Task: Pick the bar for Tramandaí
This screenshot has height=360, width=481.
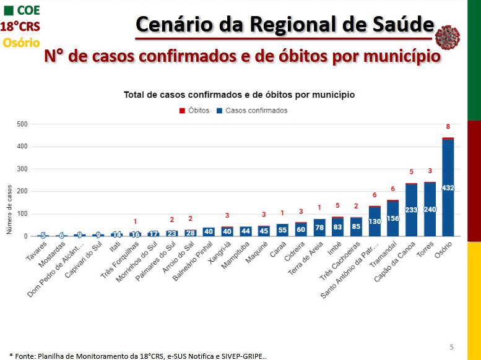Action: pyautogui.click(x=392, y=218)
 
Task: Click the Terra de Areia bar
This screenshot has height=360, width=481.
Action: pyautogui.click(x=319, y=228)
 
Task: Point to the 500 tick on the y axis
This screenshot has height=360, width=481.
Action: pyautogui.click(x=22, y=124)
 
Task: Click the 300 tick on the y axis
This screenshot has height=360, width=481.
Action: pyautogui.click(x=22, y=169)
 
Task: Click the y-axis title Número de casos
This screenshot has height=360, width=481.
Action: pyautogui.click(x=10, y=210)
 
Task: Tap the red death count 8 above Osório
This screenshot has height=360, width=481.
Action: pyautogui.click(x=448, y=127)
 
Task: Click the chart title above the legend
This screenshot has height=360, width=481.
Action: pyautogui.click(x=239, y=95)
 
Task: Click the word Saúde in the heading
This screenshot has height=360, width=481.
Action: pyautogui.click(x=402, y=25)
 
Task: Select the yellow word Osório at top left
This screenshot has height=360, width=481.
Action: pyautogui.click(x=21, y=43)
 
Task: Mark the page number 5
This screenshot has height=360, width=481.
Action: pyautogui.click(x=452, y=346)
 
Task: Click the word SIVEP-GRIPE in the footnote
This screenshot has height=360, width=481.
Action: pyautogui.click(x=245, y=356)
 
